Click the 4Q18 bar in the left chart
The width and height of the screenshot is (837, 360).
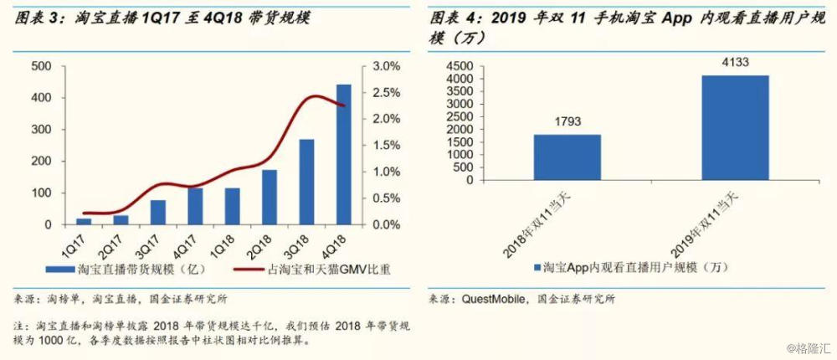tap(343, 155)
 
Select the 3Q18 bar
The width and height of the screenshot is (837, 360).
tap(306, 183)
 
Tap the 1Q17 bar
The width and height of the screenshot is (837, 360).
tap(83, 221)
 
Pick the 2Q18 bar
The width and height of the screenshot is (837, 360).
tap(269, 198)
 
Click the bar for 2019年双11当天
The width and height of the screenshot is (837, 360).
tap(734, 127)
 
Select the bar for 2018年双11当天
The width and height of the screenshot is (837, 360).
tap(567, 157)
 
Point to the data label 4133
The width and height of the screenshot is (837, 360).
tap(734, 63)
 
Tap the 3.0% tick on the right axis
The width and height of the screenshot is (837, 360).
tap(388, 66)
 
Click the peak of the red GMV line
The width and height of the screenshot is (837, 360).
tap(312, 96)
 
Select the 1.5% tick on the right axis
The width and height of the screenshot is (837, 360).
tap(388, 146)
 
